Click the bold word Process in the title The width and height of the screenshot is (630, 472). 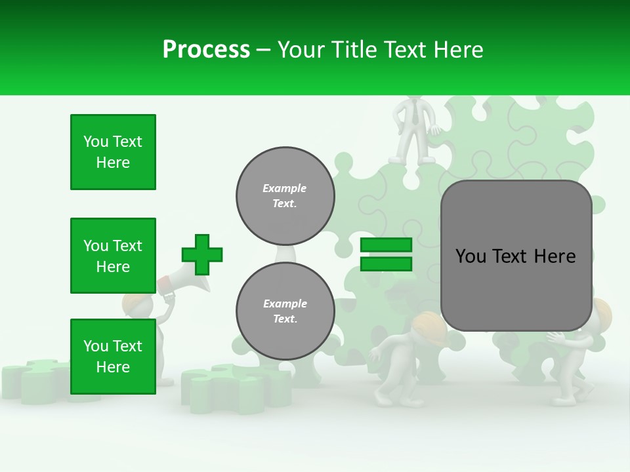[x=206, y=49]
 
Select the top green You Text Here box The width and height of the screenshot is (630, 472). [x=113, y=152]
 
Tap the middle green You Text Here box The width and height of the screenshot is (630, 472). [x=113, y=256]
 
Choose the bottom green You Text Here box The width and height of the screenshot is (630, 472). [x=113, y=357]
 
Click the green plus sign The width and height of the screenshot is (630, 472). [x=202, y=254]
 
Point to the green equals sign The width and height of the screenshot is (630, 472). [x=387, y=254]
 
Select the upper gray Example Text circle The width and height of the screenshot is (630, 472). [x=285, y=195]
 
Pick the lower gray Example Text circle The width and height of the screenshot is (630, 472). [x=285, y=311]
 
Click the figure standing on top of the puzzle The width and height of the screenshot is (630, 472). [x=413, y=131]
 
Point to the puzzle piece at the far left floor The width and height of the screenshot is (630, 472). [x=33, y=380]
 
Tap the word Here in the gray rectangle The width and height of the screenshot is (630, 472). [x=555, y=256]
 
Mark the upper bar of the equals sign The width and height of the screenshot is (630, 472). [x=387, y=245]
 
